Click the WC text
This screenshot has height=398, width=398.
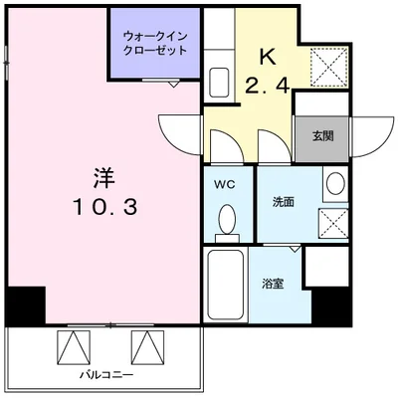[x=224, y=184]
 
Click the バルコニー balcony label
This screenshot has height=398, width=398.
[x=106, y=376]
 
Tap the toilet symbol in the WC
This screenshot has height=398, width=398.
[x=226, y=220]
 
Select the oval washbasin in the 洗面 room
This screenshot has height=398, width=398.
[x=334, y=185]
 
